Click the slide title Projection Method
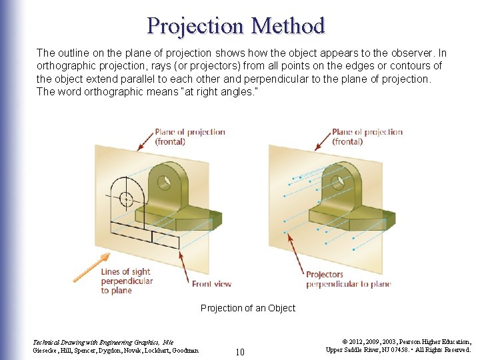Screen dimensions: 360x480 (x=236, y=25)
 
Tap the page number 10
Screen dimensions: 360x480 (x=241, y=351)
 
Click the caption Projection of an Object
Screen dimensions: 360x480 (x=248, y=308)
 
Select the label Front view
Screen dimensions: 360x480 (x=211, y=284)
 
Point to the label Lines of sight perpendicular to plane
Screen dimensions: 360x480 (x=126, y=281)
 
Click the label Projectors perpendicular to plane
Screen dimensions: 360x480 (x=348, y=279)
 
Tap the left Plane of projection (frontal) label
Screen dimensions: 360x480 (x=189, y=137)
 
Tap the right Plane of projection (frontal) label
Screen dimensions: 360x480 (x=367, y=137)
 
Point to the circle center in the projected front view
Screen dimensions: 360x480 (x=126, y=198)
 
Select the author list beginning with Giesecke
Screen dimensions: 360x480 (x=115, y=350)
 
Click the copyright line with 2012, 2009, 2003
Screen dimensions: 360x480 (x=397, y=341)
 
